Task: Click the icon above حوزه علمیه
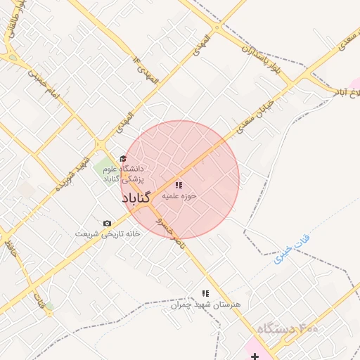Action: tap(179, 186)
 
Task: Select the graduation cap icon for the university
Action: tap(123, 158)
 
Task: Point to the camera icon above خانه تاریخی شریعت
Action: tap(107, 223)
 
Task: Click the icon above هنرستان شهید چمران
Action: tap(205, 293)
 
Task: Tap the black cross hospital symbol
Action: tap(254, 356)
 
